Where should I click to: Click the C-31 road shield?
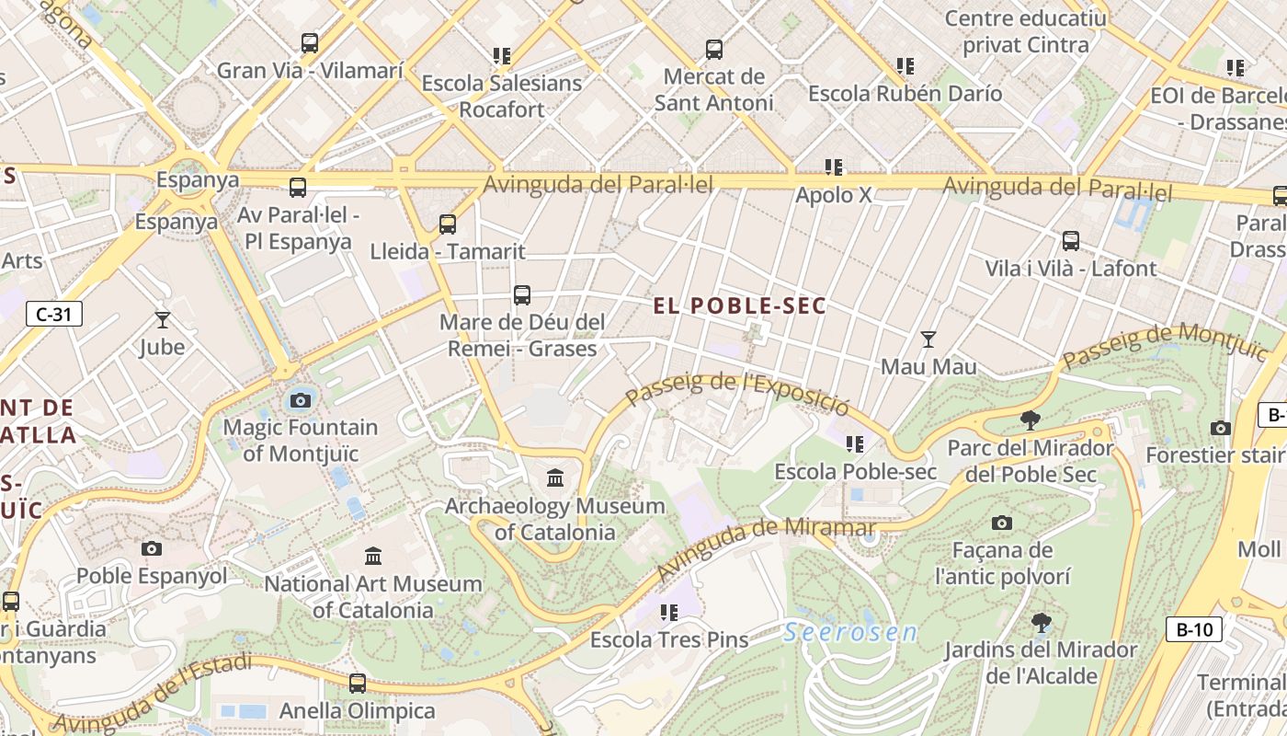tap(53, 315)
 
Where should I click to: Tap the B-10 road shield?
tap(1194, 629)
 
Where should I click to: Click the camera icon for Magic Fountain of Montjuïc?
tap(301, 400)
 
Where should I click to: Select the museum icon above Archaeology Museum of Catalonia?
tap(555, 478)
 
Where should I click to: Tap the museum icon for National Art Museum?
tap(373, 557)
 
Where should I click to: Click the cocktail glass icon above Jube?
tap(163, 320)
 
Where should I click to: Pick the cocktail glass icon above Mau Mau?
tap(928, 339)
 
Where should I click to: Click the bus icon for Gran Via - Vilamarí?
tap(310, 43)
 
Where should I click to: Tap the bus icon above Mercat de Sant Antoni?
tap(713, 50)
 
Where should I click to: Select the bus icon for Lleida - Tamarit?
tap(448, 224)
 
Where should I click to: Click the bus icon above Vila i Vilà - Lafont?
tap(1071, 241)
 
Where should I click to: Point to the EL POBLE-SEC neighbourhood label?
tap(740, 306)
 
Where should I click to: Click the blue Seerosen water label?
tap(850, 633)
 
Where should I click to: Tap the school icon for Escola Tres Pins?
tap(669, 612)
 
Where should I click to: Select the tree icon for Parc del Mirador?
tap(1031, 421)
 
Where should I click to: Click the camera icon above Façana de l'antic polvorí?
tap(1002, 523)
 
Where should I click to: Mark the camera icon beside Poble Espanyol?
tap(152, 549)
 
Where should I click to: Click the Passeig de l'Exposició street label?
tap(738, 391)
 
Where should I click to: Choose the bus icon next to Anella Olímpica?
tap(358, 684)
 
